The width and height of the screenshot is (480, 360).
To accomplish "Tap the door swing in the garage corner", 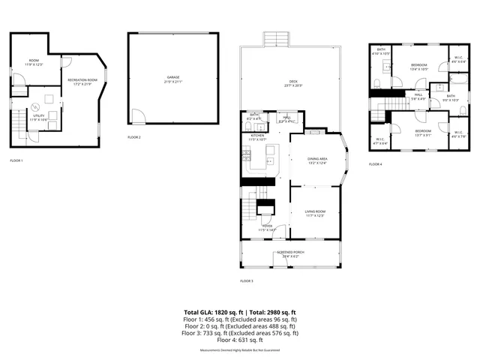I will pyautogui.click(x=136, y=117).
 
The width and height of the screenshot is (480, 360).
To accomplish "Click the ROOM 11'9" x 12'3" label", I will pyautogui.click(x=34, y=62).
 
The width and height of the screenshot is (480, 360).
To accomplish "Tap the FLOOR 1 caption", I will pyautogui.click(x=16, y=160).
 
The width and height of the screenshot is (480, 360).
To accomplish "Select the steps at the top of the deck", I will pyautogui.click(x=274, y=39).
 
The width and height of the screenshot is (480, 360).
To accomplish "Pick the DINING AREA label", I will pyautogui.click(x=316, y=160).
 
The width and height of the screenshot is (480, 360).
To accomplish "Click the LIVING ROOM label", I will pyautogui.click(x=314, y=214).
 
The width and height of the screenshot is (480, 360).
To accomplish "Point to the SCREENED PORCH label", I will pyautogui.click(x=289, y=253).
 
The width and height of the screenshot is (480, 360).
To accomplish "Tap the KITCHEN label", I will pyautogui.click(x=257, y=137).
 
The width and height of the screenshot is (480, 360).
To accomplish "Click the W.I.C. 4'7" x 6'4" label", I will pyautogui.click(x=382, y=140).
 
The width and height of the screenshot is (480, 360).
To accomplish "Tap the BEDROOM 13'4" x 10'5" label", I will pyautogui.click(x=418, y=67).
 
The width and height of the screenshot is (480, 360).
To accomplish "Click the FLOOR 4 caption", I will pyautogui.click(x=375, y=164).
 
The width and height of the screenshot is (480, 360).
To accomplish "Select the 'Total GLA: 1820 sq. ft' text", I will pyautogui.click(x=211, y=311).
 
